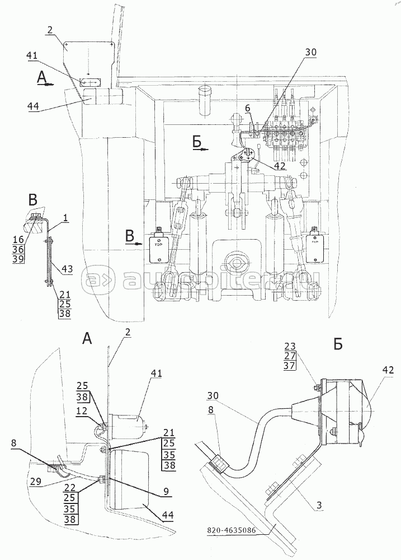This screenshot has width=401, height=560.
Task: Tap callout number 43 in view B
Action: point(67,269)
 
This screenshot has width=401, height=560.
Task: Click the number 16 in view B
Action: point(32,239)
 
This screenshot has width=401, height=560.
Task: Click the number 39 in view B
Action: point(32,259)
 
